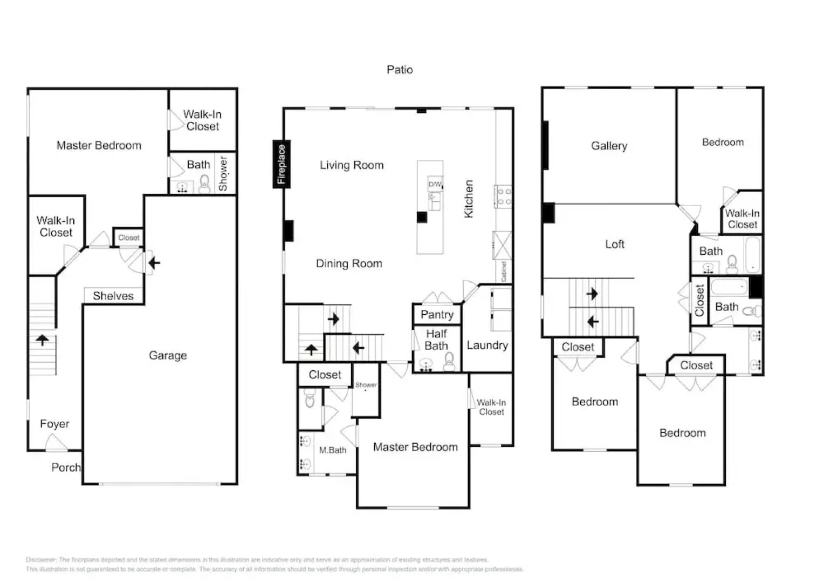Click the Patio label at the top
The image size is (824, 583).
(400, 70)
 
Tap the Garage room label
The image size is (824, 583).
(168, 355)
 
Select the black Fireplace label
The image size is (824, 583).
(281, 165)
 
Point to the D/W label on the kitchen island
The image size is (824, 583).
(435, 184)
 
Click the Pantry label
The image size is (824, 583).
(437, 315)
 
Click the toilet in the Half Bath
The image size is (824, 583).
(449, 362)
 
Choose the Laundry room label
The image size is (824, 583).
(487, 345)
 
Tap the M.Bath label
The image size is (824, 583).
(332, 450)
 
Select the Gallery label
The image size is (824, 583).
(609, 146)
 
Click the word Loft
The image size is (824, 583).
(614, 245)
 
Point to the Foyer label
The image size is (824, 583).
(54, 424)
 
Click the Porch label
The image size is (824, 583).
(66, 467)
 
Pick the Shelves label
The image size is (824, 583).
(113, 296)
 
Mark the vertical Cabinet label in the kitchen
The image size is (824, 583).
(504, 272)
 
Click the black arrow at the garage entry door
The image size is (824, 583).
(154, 263)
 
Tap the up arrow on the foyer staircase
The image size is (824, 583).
(42, 340)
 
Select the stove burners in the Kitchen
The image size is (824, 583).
(504, 196)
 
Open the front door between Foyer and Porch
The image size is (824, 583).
(56, 443)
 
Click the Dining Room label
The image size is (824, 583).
(349, 264)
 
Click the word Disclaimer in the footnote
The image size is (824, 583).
(41, 560)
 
